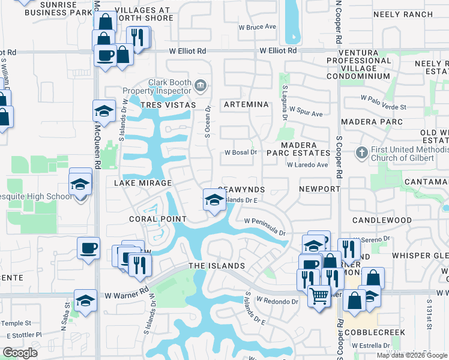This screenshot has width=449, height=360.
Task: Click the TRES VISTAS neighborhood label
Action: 168,105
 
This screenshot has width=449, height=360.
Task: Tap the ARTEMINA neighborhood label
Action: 246,104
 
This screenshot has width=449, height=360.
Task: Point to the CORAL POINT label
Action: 158,219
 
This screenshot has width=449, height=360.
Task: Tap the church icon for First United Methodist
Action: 361,152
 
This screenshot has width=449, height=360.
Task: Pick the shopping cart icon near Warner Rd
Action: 319,295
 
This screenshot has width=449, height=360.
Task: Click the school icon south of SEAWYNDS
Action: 214,200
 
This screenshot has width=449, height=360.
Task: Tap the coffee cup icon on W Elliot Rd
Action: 106,56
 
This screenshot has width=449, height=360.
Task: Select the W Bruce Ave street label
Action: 257,27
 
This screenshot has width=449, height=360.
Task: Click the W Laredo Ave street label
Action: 307,164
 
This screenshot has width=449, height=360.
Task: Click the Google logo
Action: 20,353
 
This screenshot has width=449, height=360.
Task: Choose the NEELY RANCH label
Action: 403,14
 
